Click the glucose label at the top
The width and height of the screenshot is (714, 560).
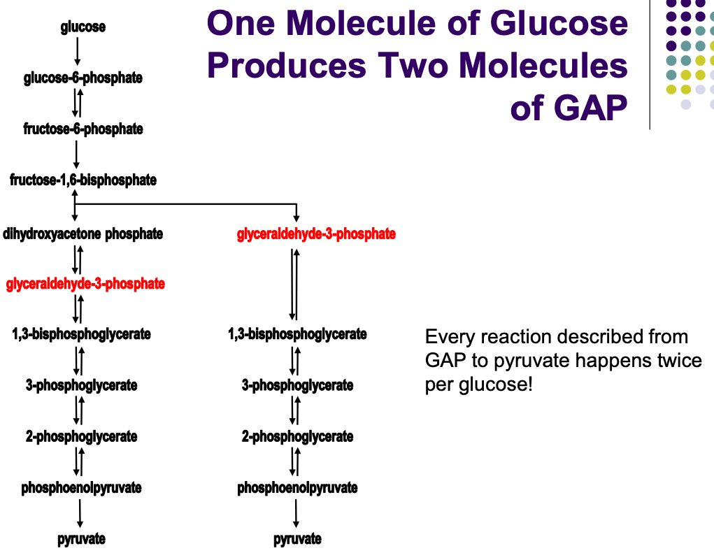pos(83,27)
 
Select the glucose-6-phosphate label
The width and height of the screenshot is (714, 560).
pos(83,78)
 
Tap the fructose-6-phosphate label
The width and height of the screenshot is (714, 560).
pos(83,129)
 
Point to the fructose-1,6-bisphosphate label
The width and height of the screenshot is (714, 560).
pos(83,180)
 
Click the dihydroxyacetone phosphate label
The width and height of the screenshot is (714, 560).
pos(83,234)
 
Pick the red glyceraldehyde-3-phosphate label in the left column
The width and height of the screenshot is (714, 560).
pos(85,284)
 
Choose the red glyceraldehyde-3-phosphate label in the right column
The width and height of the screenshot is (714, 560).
pos(316,234)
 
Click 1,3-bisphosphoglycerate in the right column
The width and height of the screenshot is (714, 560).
pos(297,334)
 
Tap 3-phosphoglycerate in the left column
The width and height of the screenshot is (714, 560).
pos(81,385)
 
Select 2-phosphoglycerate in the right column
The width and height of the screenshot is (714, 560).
pos(297,437)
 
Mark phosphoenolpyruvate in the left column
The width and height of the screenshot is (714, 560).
pos(81,487)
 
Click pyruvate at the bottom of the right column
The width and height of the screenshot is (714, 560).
pos(297,539)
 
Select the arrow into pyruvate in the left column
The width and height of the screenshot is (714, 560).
pos(80,513)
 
